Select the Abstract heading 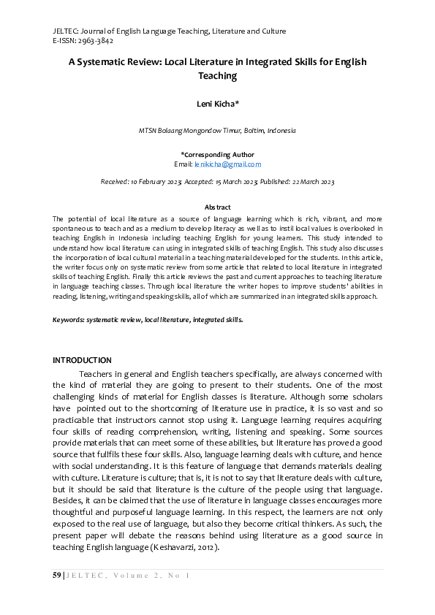[217, 207]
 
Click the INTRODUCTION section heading [82, 360]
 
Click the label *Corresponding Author [217, 155]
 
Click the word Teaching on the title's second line [217, 75]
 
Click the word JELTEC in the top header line [66, 31]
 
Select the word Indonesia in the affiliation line [281, 131]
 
